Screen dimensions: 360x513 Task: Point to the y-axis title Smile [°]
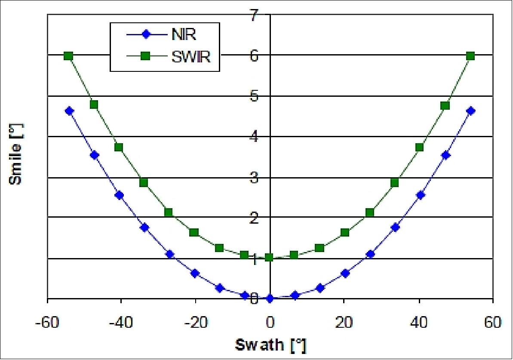[15, 154]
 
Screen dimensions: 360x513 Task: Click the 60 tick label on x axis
[493, 323]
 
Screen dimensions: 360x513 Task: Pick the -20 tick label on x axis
[195, 323]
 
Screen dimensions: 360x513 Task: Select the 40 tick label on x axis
[418, 323]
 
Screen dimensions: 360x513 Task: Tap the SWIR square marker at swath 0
[270, 257]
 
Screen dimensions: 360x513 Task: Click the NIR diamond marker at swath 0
[270, 298]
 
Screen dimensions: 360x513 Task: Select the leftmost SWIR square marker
[68, 56]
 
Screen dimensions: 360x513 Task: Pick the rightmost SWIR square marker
[470, 56]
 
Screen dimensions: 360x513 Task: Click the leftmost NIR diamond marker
[69, 111]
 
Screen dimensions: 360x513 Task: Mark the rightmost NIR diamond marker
[470, 111]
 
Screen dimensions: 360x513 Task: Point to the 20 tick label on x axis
[344, 323]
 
